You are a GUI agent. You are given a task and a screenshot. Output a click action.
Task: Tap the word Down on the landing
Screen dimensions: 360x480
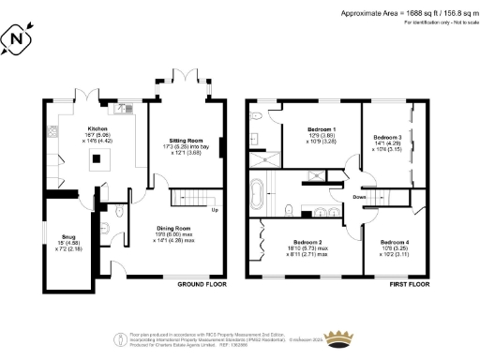[x=359, y=198]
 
